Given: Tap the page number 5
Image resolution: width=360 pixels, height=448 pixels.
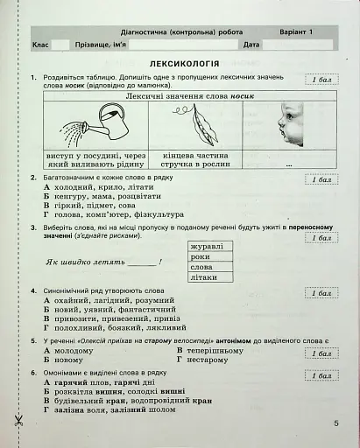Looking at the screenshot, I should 335,423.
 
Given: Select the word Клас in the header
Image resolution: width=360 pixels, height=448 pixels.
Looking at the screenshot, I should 39,44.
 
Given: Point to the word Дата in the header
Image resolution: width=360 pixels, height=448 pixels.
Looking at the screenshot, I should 251,44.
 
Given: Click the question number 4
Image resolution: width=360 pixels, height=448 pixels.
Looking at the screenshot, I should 32,290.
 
